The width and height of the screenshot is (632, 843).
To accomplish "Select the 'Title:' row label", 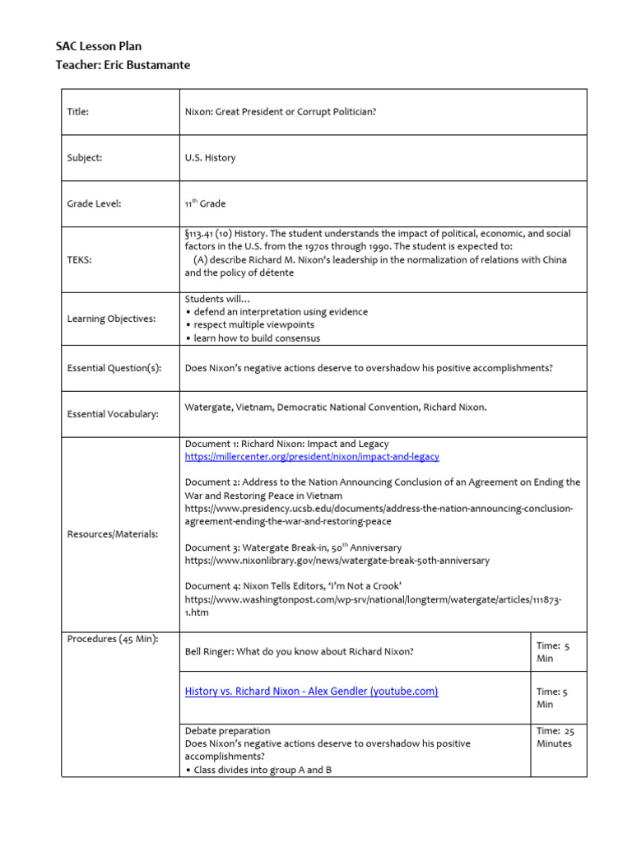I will coord(77,112).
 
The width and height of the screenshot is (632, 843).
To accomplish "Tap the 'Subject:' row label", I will coord(85,158).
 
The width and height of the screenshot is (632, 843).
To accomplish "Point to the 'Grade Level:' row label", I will coord(94,204).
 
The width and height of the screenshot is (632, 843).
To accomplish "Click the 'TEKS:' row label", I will coord(79,259).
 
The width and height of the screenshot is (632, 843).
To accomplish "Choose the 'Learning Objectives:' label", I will coord(110,319).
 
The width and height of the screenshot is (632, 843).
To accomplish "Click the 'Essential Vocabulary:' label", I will coord(112,414).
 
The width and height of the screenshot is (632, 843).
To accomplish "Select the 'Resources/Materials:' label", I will coord(112,534).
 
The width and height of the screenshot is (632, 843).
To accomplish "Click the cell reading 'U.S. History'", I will coord(210,158).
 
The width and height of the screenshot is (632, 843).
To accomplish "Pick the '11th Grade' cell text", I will coord(205,203).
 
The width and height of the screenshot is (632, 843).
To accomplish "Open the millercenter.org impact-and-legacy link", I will coord(312,457).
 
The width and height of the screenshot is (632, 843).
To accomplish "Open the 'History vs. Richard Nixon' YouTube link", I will coord(311,692).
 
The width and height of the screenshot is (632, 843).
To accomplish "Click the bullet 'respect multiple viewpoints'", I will coord(253,325).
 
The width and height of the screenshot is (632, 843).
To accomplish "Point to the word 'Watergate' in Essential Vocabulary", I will coord(208,407).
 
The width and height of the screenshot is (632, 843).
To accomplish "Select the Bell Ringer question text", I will coord(299,652).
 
